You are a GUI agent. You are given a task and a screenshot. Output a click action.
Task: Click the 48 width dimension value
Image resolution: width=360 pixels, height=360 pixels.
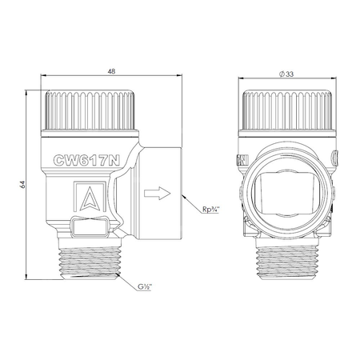[x=111, y=71]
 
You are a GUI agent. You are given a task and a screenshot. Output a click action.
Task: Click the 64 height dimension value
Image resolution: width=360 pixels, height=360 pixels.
[x=23, y=184]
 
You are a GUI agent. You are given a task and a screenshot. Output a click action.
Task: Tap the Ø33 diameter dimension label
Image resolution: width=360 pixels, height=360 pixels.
[x=286, y=74]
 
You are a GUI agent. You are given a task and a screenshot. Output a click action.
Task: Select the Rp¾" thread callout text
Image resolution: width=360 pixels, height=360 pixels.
[x=210, y=210]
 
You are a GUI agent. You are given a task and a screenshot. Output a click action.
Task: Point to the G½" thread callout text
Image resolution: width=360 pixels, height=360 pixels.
[x=145, y=287]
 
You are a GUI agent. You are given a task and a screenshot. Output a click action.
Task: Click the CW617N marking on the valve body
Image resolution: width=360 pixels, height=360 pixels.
[x=86, y=161]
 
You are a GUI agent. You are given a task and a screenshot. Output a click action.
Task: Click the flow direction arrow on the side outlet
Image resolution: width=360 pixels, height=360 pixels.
[x=157, y=193]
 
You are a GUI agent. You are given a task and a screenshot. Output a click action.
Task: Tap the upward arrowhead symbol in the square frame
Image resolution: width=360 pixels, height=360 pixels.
[x=90, y=198]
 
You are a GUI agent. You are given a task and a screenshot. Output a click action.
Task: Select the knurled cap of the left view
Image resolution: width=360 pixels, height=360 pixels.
[x=90, y=110]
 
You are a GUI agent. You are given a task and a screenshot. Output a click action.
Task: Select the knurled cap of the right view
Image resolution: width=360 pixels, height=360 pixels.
[x=287, y=110]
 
